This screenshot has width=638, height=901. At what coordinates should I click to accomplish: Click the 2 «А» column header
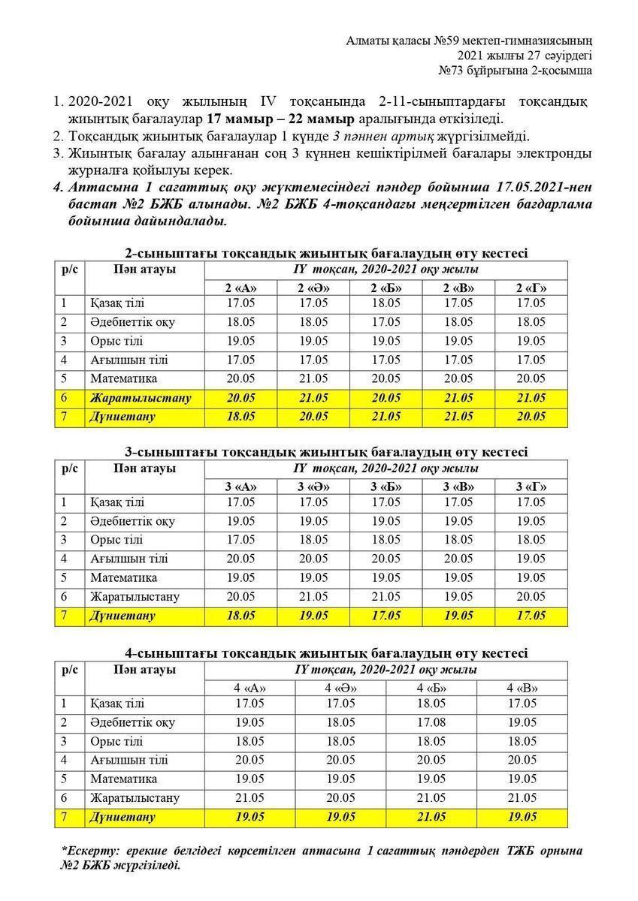240,288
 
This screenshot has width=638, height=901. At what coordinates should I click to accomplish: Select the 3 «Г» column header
531,487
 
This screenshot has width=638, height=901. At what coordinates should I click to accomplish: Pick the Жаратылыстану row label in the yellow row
140,398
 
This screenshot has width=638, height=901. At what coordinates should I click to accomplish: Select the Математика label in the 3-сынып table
123,577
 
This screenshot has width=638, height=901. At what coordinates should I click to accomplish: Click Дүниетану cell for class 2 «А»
240,417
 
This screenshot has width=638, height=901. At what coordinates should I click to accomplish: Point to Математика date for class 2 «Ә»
313,378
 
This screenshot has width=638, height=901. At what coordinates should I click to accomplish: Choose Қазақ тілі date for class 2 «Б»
386,303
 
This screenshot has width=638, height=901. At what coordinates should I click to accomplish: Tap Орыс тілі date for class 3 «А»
240,540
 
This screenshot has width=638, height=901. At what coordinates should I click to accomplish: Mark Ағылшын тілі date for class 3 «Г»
531,559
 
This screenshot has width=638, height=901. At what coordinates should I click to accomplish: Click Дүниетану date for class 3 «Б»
386,616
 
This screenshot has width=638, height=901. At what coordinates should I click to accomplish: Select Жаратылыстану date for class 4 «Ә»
340,798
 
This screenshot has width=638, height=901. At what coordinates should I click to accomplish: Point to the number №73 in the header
452,71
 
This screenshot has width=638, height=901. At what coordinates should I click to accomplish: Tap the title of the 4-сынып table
326,653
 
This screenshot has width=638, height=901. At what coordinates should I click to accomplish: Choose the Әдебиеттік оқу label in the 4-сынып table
132,722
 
